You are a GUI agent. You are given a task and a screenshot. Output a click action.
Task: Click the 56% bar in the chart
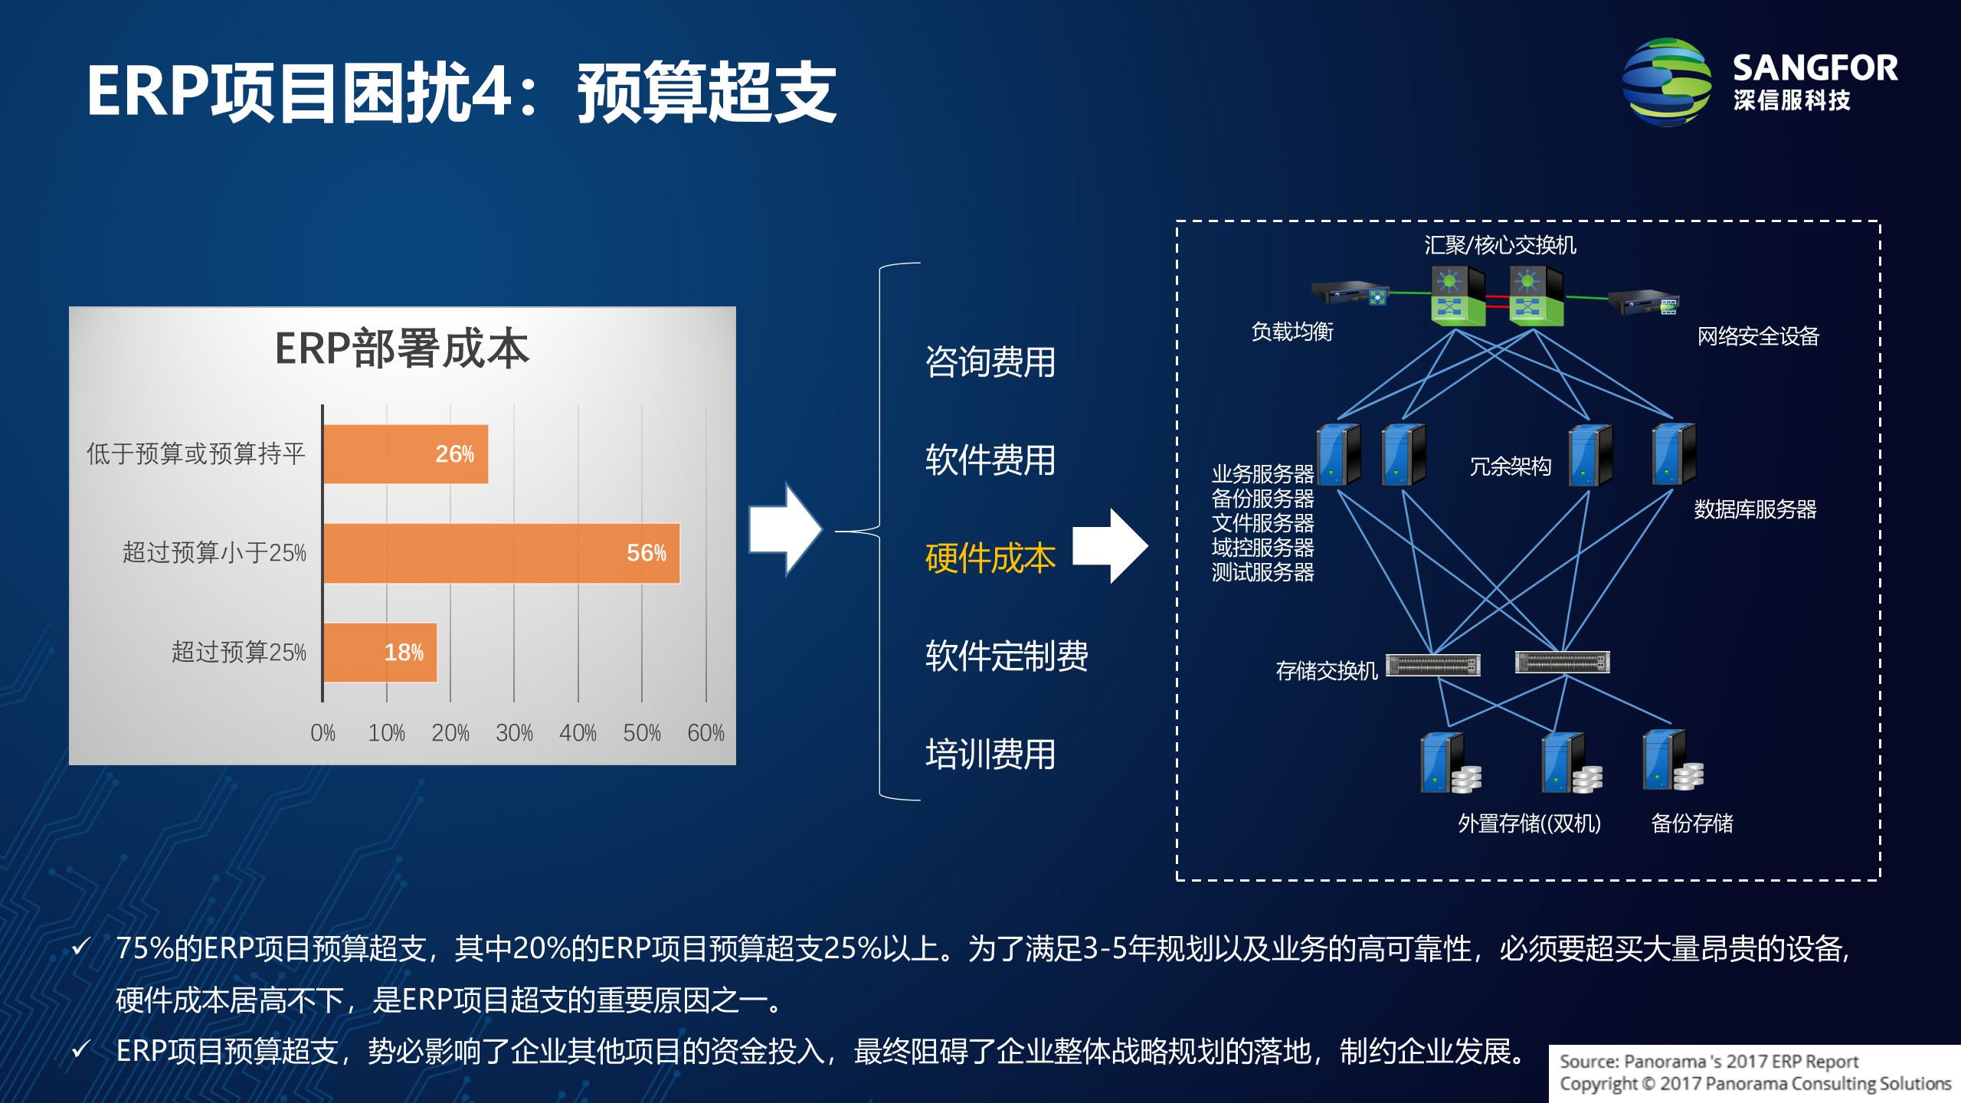pos(502,553)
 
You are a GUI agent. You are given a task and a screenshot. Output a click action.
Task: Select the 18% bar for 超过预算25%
pos(381,652)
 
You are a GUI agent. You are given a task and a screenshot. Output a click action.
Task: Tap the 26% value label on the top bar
pos(454,453)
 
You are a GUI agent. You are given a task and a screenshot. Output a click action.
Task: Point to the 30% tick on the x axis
pos(514,733)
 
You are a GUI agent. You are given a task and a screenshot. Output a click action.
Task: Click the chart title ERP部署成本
pos(402,349)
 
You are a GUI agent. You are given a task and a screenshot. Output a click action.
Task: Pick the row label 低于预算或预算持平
pos(196,453)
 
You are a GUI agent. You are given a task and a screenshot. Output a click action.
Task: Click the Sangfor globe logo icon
pos(1667,83)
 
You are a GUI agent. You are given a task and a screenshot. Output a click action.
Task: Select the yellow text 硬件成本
pos(990,558)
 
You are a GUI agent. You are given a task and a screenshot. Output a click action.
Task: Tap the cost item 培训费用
pos(990,754)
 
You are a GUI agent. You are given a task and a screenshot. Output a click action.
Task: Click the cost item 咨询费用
pos(990,362)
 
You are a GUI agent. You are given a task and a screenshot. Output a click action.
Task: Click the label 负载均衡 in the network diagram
pos(1292,332)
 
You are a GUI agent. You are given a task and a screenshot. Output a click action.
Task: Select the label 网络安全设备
pos(1757,336)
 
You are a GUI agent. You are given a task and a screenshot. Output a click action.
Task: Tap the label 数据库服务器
pos(1754,509)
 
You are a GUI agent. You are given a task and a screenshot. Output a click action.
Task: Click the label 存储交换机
pos(1326,671)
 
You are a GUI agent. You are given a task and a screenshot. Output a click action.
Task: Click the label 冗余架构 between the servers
pos(1510,466)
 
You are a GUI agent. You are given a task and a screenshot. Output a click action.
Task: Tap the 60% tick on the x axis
pos(706,733)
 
